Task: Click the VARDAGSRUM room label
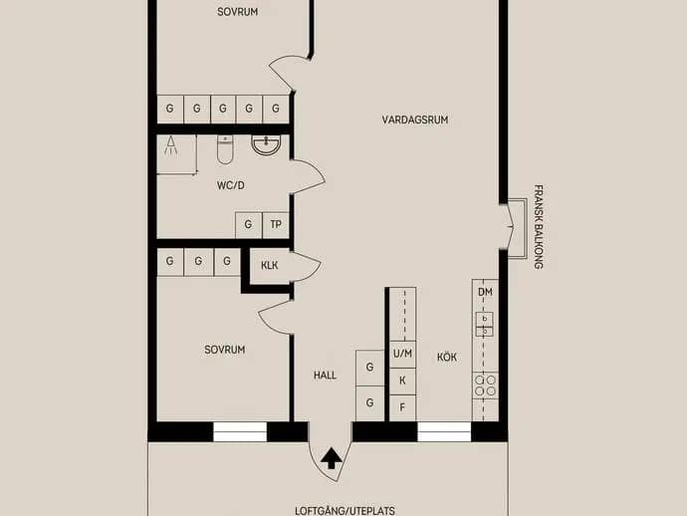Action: pyautogui.click(x=415, y=120)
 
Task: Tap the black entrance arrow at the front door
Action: pyautogui.click(x=332, y=458)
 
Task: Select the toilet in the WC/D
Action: pyautogui.click(x=225, y=149)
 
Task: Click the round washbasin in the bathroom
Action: pyautogui.click(x=266, y=145)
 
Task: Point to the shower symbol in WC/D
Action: pyautogui.click(x=171, y=145)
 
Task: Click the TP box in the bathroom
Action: pyautogui.click(x=276, y=225)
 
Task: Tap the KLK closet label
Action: pyautogui.click(x=270, y=266)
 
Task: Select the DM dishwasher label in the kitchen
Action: pyautogui.click(x=485, y=292)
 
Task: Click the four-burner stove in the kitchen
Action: pyautogui.click(x=486, y=386)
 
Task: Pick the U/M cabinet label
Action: pyautogui.click(x=402, y=354)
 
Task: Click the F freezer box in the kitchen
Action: pyautogui.click(x=402, y=407)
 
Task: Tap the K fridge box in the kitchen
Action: pyautogui.click(x=402, y=381)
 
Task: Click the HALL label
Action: pyautogui.click(x=326, y=376)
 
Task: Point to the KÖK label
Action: pyautogui.click(x=447, y=358)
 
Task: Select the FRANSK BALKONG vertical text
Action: pyautogui.click(x=539, y=227)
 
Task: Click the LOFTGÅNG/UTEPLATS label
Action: pyautogui.click(x=344, y=511)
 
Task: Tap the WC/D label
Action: pyautogui.click(x=231, y=185)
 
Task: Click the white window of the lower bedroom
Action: pyautogui.click(x=240, y=432)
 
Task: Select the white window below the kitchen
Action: pyautogui.click(x=444, y=432)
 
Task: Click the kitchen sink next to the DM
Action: pyautogui.click(x=485, y=324)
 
